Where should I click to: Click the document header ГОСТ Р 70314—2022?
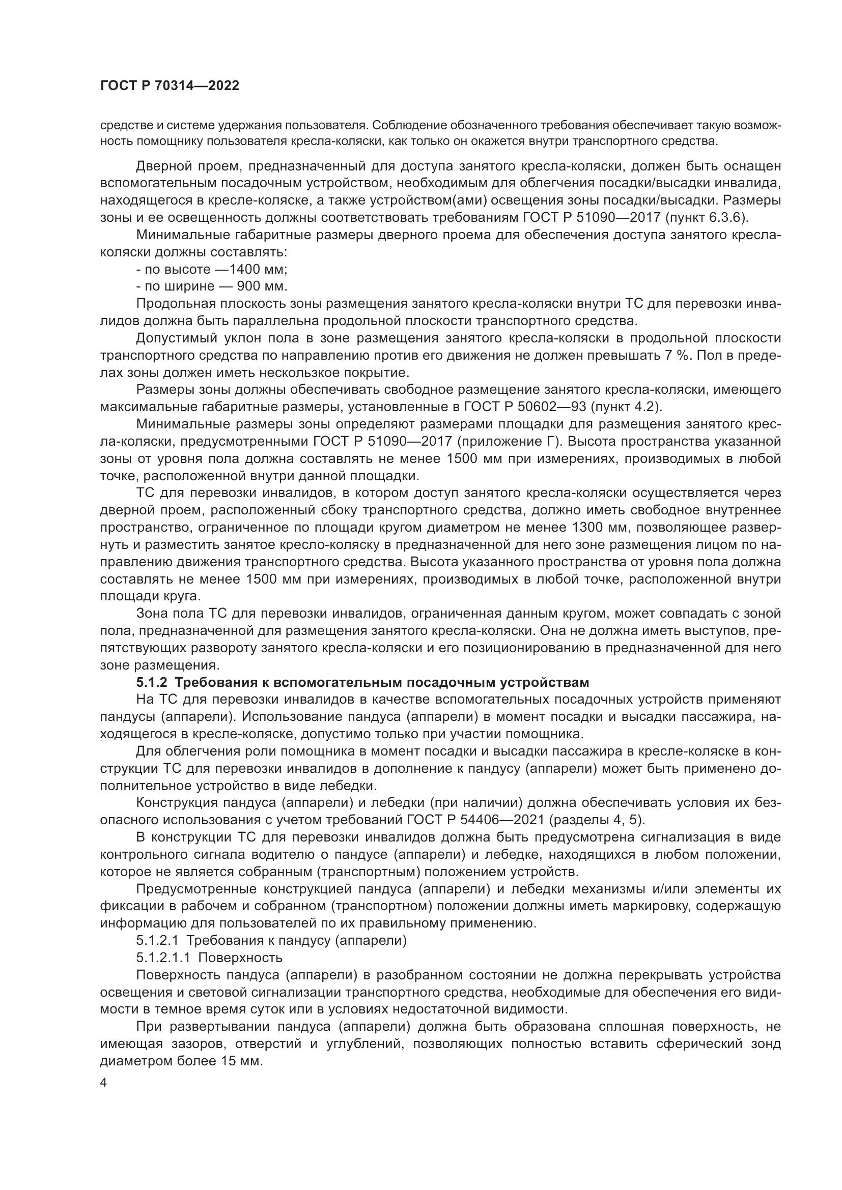(x=170, y=86)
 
